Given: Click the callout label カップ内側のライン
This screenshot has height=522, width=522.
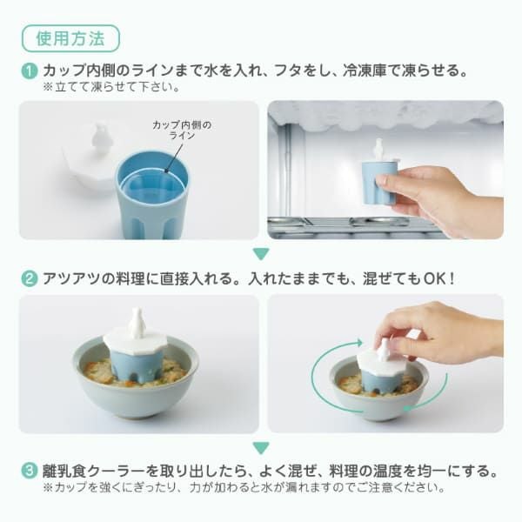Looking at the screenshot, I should point(181,131).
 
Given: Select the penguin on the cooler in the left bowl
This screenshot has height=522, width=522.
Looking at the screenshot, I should point(137,325).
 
